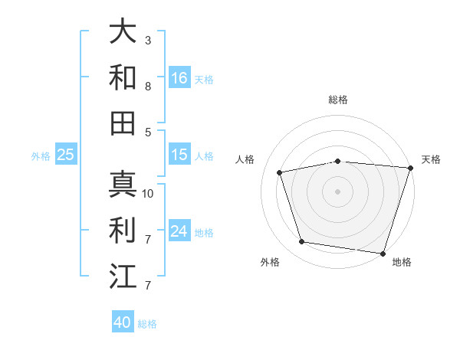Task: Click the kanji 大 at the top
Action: tap(123, 31)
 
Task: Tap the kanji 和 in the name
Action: tap(123, 77)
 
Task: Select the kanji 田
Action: tap(123, 123)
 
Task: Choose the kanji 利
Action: tap(123, 230)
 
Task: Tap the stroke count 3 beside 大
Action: tap(148, 40)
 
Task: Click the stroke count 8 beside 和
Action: tap(148, 86)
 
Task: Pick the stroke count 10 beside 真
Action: tap(148, 193)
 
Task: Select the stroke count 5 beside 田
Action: tap(148, 132)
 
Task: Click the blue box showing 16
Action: tap(179, 77)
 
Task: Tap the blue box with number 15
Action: tap(179, 155)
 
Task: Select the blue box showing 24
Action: tap(179, 231)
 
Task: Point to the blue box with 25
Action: tap(66, 155)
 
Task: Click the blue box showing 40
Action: tap(123, 322)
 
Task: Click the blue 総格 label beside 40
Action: tap(147, 324)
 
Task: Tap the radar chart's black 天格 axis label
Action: tap(431, 159)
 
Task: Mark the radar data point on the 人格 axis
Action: tap(280, 172)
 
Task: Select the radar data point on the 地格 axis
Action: tap(382, 253)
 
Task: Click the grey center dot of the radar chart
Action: tap(337, 191)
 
